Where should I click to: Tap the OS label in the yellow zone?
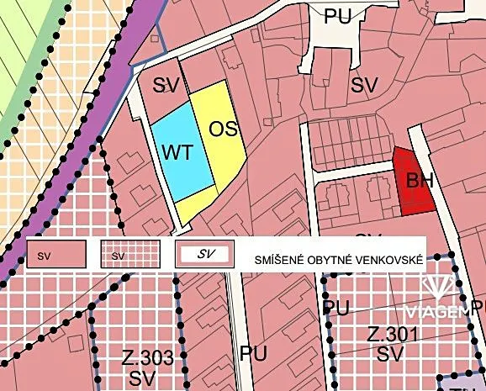coord(223,129)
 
